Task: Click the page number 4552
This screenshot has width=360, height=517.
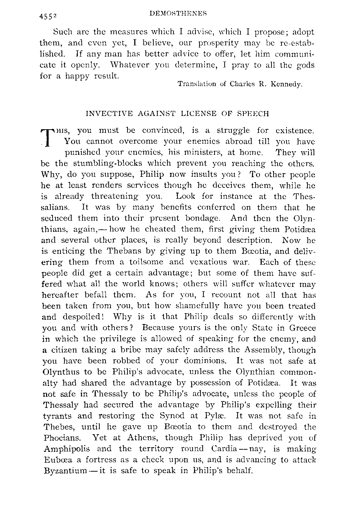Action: [49, 16]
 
